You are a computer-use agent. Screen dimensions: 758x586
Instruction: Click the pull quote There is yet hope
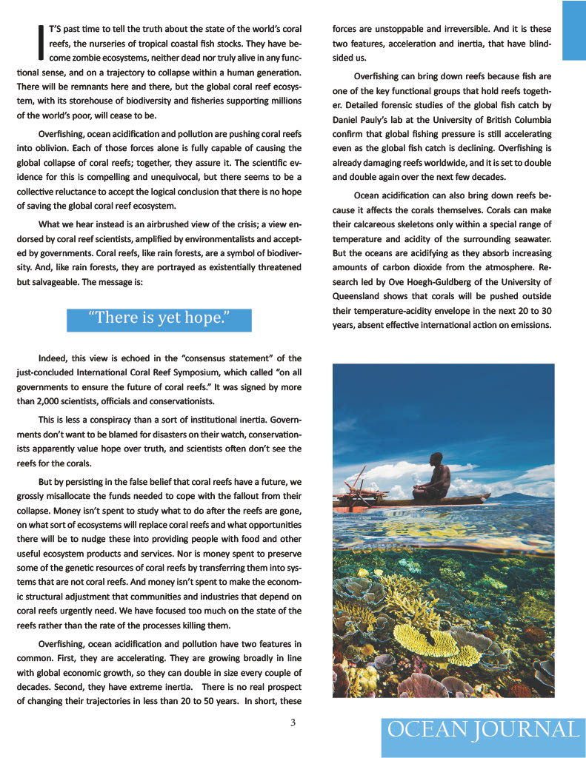coord(159,319)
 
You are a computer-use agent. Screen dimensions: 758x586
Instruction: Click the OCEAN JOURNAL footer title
coord(483,729)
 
